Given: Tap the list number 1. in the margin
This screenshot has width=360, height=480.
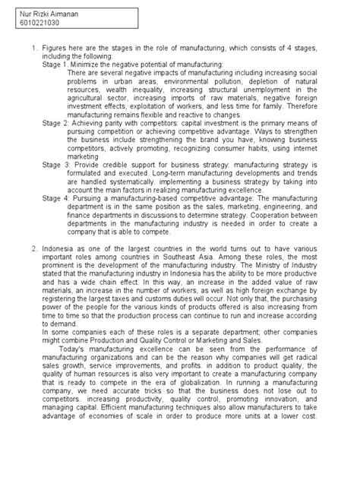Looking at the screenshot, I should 33,49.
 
